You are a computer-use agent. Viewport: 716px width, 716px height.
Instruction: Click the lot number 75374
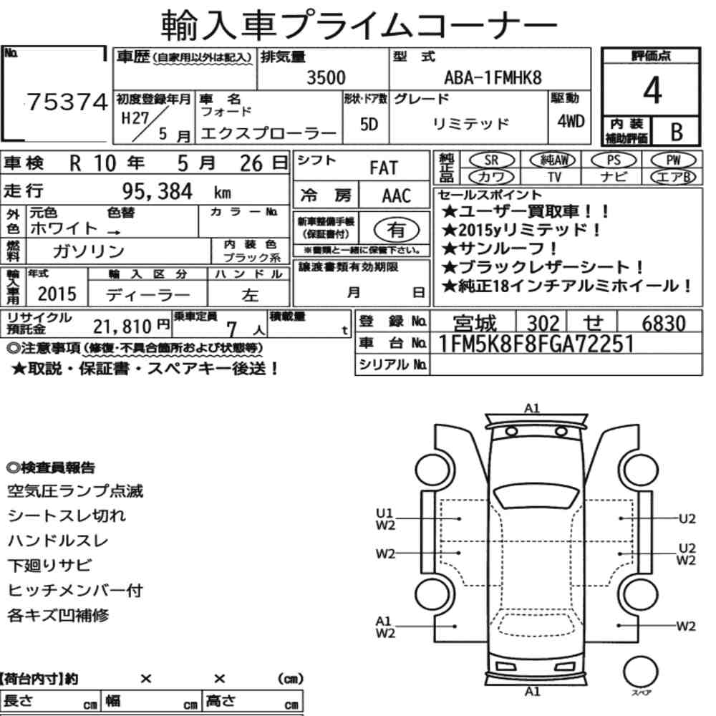point(67,102)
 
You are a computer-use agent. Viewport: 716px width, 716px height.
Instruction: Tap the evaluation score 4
point(652,90)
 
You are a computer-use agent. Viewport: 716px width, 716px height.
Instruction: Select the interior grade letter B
point(677,132)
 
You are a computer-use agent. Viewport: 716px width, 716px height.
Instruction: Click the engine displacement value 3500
point(326,77)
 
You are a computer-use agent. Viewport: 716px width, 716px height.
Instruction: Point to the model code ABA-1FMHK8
point(493,78)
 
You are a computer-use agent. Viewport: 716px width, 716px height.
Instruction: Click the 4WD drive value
point(571,122)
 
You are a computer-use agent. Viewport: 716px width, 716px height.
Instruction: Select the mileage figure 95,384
point(157,192)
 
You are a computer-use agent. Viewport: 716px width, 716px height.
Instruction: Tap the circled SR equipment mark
point(492,160)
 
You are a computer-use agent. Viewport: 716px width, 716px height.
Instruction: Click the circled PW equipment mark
point(673,160)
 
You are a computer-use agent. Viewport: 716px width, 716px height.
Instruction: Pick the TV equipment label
point(554,177)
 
